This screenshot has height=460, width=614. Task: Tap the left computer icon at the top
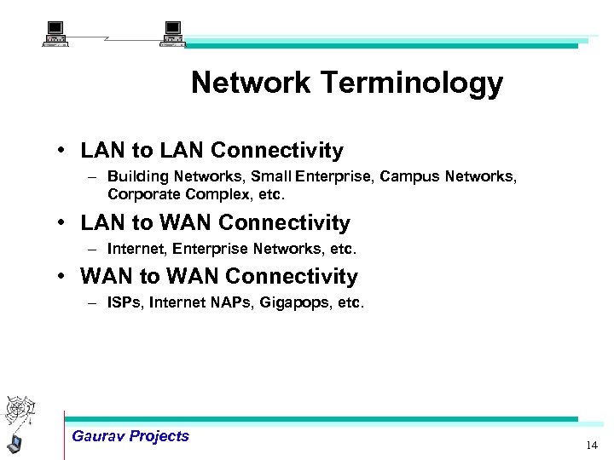pos(55,35)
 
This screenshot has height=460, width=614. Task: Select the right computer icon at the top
pos(173,35)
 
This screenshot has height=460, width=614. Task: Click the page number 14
pos(592,446)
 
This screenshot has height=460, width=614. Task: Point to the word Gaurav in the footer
pos(98,436)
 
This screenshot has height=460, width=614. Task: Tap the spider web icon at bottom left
pos(18,411)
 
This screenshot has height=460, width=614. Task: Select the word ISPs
pos(125,302)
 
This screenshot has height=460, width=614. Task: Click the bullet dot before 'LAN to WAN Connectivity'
pos(64,223)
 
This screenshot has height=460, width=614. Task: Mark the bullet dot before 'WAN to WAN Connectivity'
pos(64,277)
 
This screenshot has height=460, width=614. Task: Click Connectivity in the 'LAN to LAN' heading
pos(277,151)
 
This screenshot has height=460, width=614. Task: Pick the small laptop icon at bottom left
pos(14,443)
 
